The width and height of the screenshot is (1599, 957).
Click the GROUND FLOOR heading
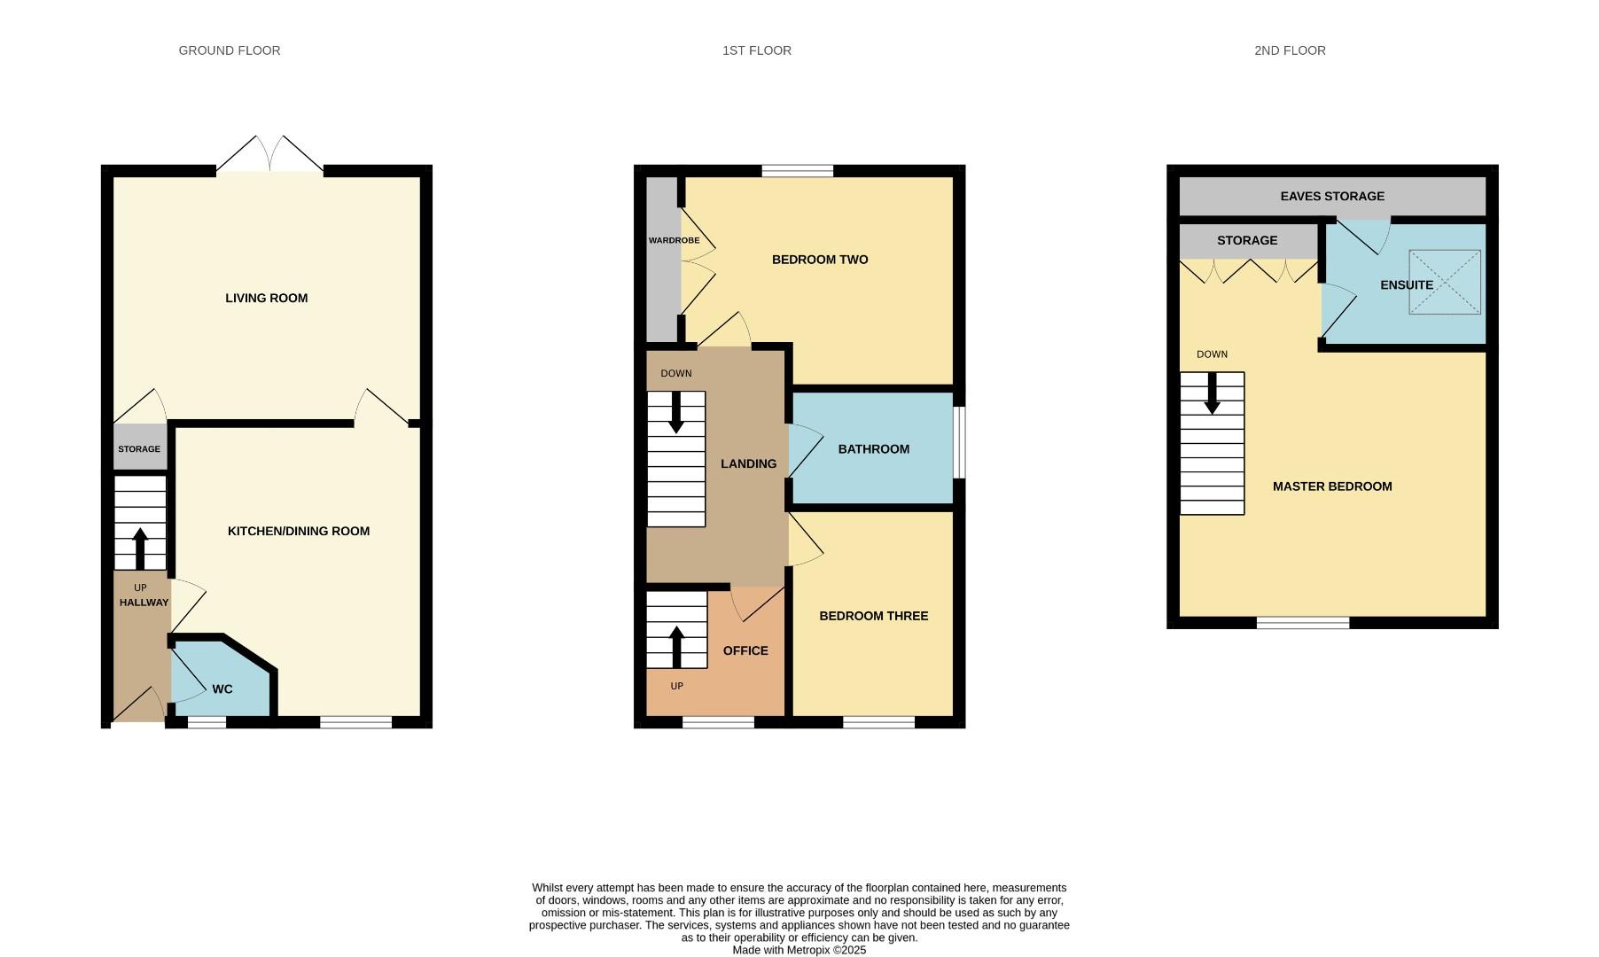(230, 51)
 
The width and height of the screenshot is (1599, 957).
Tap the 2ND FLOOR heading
(1290, 51)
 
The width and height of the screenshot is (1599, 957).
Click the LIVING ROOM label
(266, 298)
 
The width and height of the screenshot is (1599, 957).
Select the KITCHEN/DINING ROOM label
(299, 531)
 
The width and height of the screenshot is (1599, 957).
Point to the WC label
(222, 689)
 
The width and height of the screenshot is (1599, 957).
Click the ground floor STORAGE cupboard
(139, 448)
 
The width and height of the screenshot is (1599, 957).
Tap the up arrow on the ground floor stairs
(140, 548)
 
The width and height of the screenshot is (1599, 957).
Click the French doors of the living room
(270, 156)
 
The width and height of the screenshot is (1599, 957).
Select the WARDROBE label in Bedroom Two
(674, 240)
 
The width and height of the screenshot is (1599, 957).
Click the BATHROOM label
(873, 449)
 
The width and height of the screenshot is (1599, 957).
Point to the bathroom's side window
(959, 442)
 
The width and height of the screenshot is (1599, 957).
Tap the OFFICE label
(745, 650)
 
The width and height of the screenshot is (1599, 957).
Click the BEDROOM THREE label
(873, 616)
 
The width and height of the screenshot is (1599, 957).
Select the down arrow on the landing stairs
(676, 413)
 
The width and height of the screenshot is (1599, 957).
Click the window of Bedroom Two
(797, 171)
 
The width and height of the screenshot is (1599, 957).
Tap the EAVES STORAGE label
(1331, 196)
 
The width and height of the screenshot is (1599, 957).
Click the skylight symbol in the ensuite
(1444, 282)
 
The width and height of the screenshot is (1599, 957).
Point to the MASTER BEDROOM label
(1331, 486)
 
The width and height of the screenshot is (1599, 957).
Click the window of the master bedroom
(1302, 623)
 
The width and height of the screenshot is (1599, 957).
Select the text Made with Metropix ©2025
(799, 950)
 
